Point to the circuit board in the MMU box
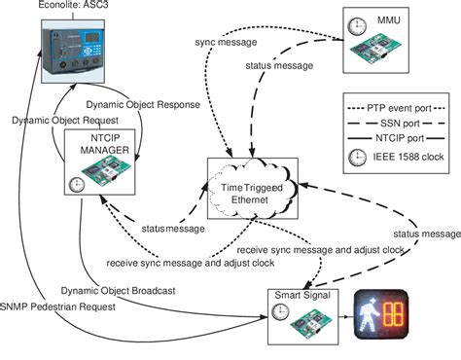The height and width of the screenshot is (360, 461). point(385,52)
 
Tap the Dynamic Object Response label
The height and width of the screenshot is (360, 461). point(142,103)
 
